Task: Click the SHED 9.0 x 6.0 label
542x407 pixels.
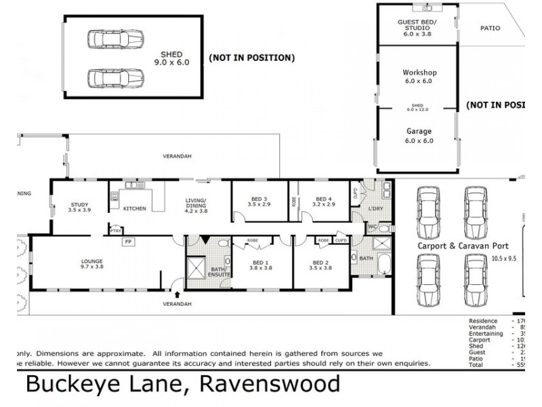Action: pyautogui.click(x=167, y=59)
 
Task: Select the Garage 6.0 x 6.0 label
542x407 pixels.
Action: pyautogui.click(x=419, y=136)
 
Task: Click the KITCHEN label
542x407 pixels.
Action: pyautogui.click(x=135, y=208)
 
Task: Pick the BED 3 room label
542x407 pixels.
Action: pyautogui.click(x=259, y=201)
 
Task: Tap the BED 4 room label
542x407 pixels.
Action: pyautogui.click(x=322, y=201)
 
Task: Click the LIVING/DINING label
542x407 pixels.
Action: pyautogui.click(x=196, y=204)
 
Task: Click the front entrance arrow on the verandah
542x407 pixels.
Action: pyautogui.click(x=177, y=294)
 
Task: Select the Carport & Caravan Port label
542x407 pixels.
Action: pyautogui.click(x=463, y=246)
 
